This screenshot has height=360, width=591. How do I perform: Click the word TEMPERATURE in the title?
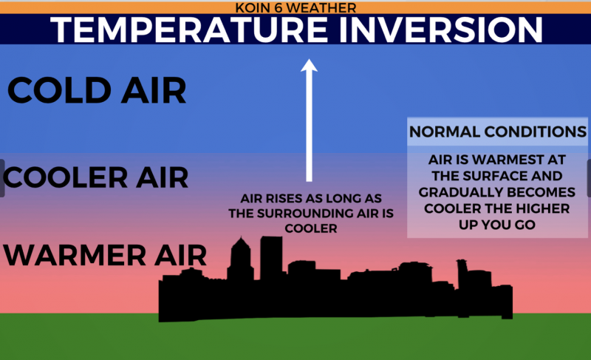click(x=189, y=30)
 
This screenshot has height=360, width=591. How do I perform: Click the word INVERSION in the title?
click(x=440, y=30)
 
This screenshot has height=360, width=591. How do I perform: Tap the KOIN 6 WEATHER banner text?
click(x=295, y=7)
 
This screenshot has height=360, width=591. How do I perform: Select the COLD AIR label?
click(x=97, y=90)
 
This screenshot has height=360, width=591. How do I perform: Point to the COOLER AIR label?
click(x=95, y=177)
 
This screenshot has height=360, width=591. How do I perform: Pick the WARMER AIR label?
click(x=105, y=255)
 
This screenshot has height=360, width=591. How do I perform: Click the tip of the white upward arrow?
click(x=309, y=59)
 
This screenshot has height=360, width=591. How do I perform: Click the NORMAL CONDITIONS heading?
click(x=497, y=132)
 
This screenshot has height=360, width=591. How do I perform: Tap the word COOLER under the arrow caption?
click(x=311, y=228)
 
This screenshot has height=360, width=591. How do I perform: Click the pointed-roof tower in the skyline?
click(x=241, y=260)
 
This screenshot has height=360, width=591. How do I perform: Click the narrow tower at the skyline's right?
click(x=462, y=274)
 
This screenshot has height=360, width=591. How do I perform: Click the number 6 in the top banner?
click(x=279, y=7)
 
